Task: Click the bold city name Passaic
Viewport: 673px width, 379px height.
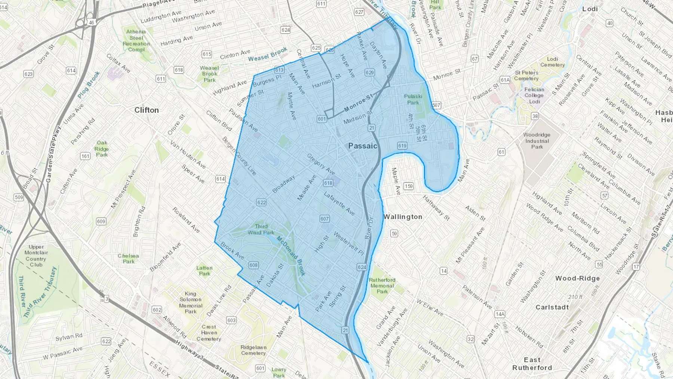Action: (x=363, y=146)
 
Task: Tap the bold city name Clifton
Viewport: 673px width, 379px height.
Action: (x=147, y=110)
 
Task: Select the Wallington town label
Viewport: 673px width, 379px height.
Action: (x=403, y=217)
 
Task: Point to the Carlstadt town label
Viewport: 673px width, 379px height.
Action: (x=552, y=307)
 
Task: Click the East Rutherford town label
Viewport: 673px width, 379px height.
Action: (x=532, y=364)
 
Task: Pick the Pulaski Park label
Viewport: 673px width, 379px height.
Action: (x=413, y=100)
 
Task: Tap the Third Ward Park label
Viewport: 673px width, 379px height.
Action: (x=261, y=229)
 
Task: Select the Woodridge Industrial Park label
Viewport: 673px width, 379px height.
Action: (x=537, y=141)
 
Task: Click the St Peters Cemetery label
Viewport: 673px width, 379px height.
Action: (x=526, y=76)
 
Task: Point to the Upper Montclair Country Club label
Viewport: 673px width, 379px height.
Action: (x=36, y=256)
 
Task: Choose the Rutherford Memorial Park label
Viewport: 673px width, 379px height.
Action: (x=382, y=285)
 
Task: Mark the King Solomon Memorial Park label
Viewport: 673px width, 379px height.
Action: (x=191, y=302)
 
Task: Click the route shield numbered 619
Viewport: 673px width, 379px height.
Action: (x=402, y=146)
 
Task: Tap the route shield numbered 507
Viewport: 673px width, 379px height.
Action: (x=436, y=105)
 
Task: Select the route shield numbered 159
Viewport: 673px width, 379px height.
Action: (x=409, y=186)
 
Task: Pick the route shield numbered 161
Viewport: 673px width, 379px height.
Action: (x=85, y=156)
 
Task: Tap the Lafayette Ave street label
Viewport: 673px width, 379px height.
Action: (x=339, y=204)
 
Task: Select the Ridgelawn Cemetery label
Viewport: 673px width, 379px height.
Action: (x=253, y=350)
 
